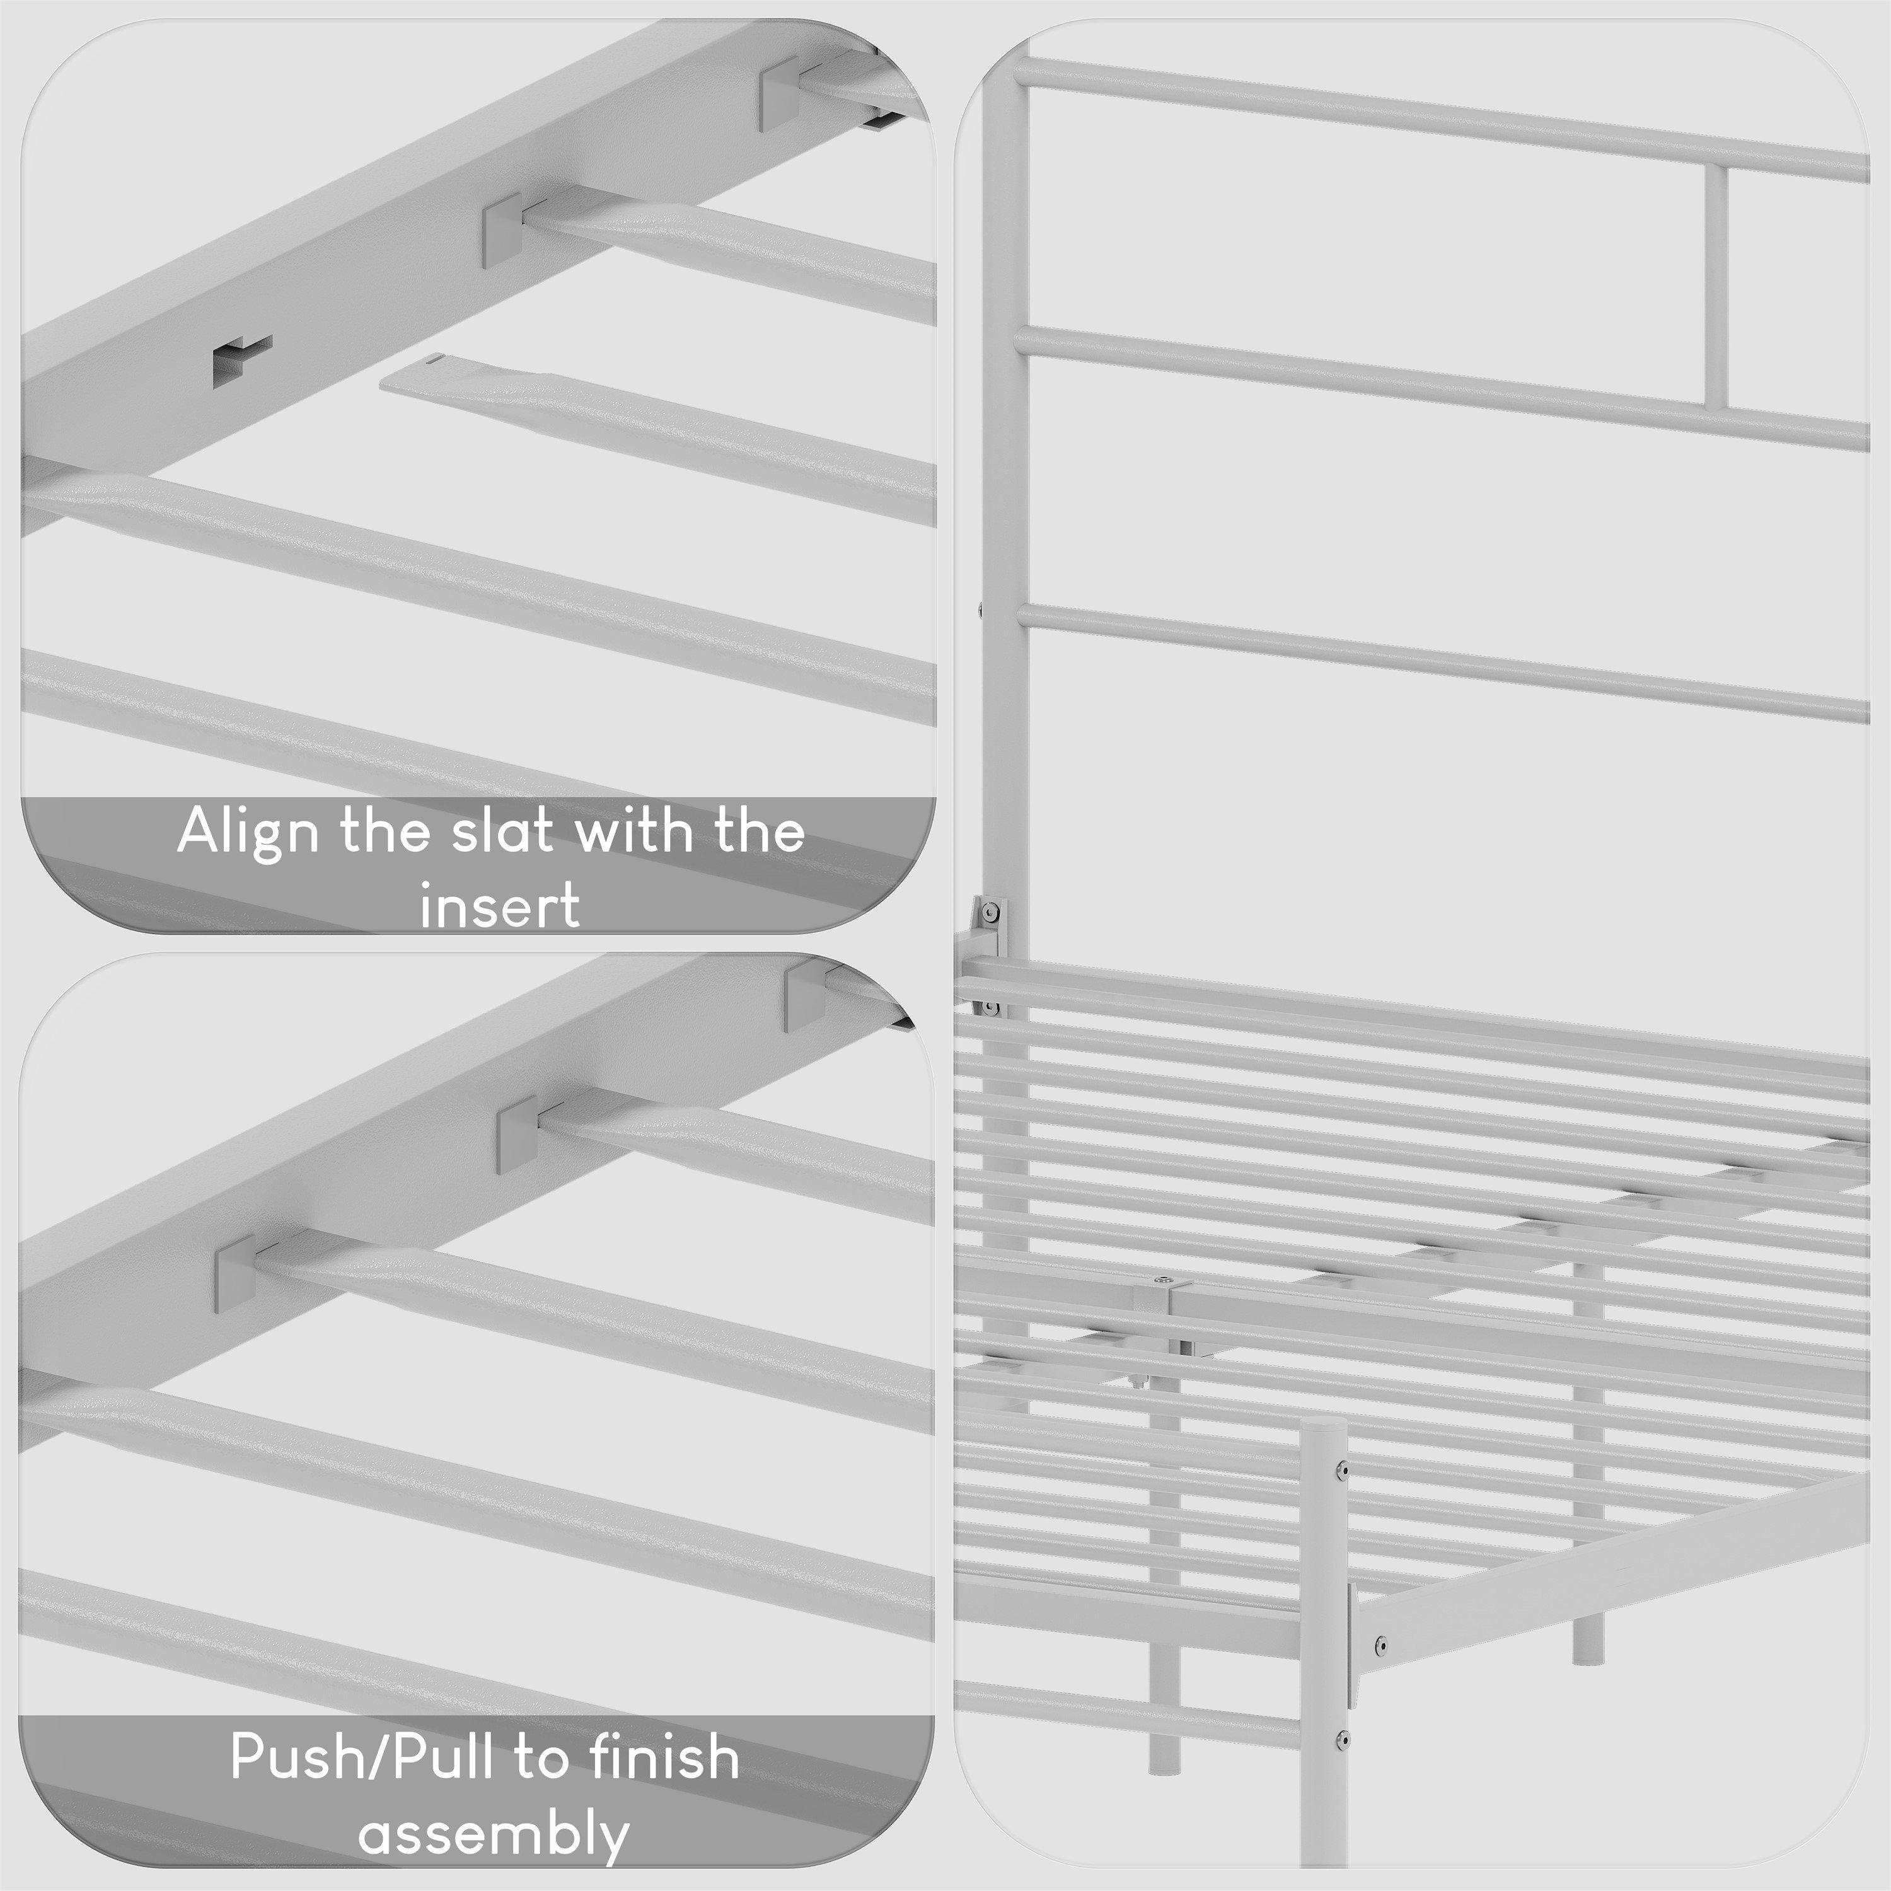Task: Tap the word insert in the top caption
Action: [499, 905]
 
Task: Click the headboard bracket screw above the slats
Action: [993, 912]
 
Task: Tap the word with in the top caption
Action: [638, 832]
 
